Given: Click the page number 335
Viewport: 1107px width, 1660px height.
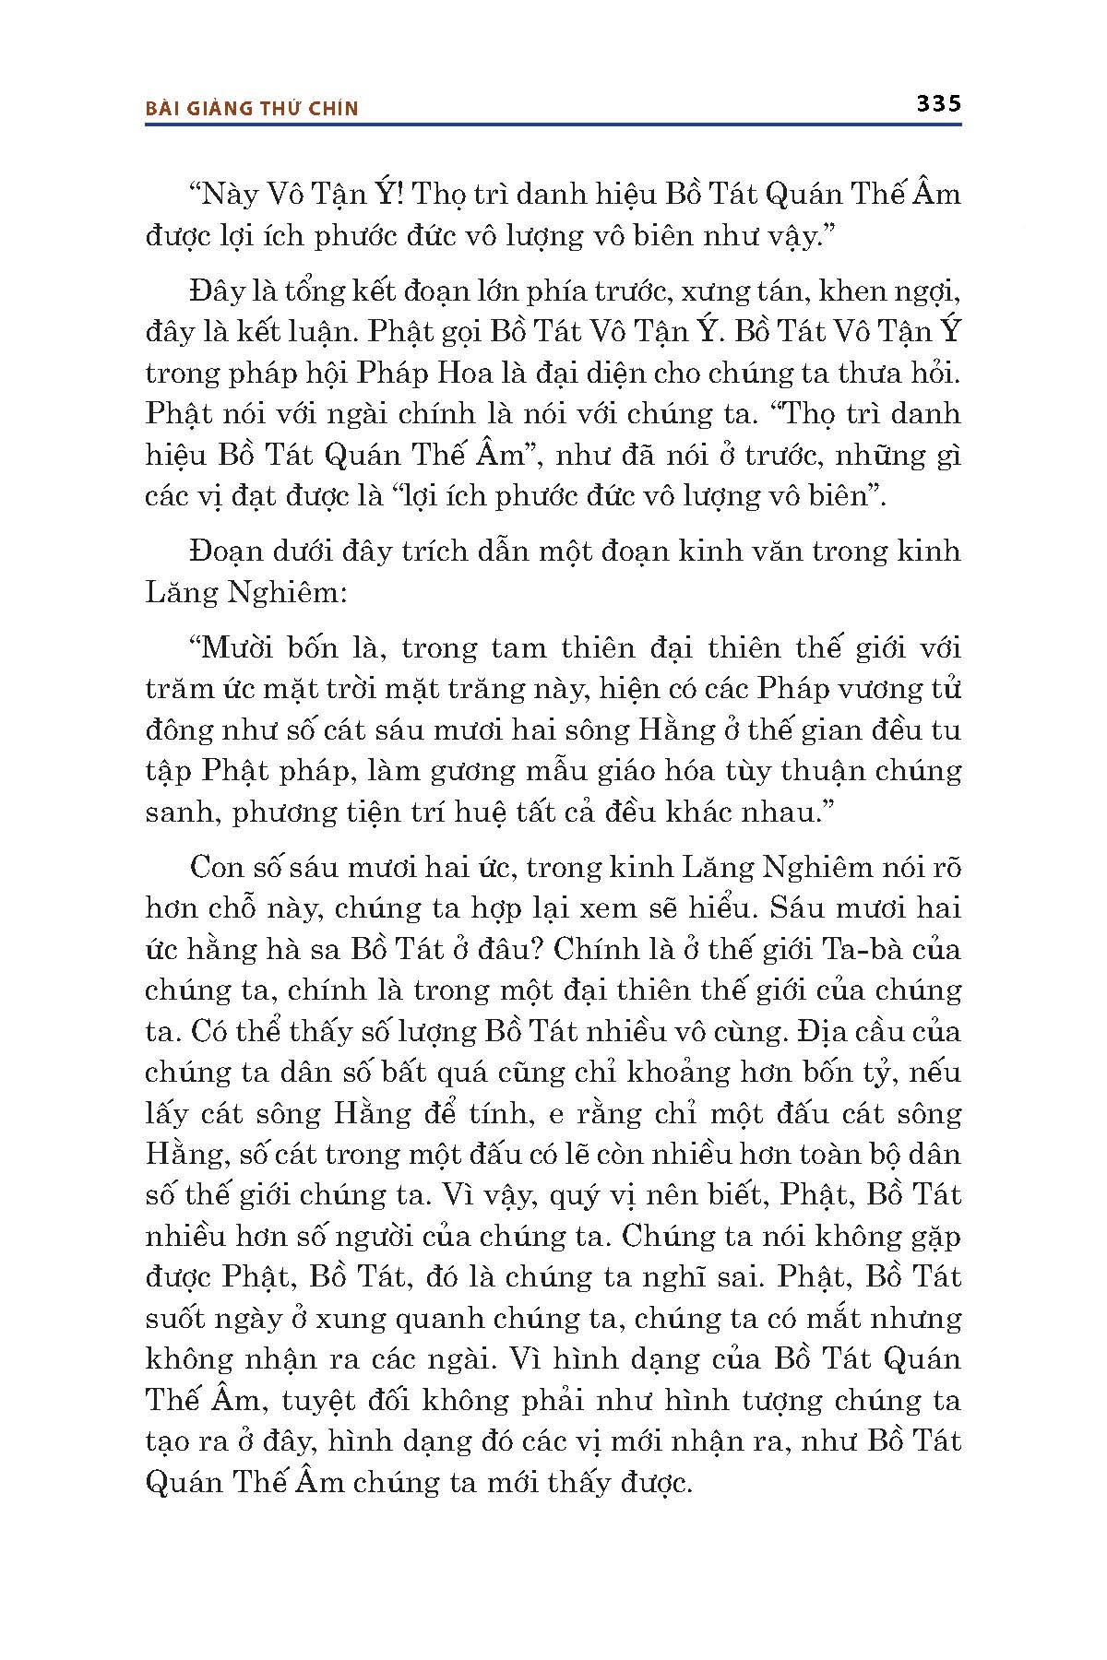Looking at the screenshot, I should [938, 104].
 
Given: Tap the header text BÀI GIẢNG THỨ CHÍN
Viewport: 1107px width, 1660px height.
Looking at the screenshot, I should [252, 109].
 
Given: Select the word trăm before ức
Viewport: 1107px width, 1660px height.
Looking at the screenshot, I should [173, 689].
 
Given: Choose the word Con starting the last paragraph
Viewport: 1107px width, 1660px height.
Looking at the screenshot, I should [215, 867].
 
